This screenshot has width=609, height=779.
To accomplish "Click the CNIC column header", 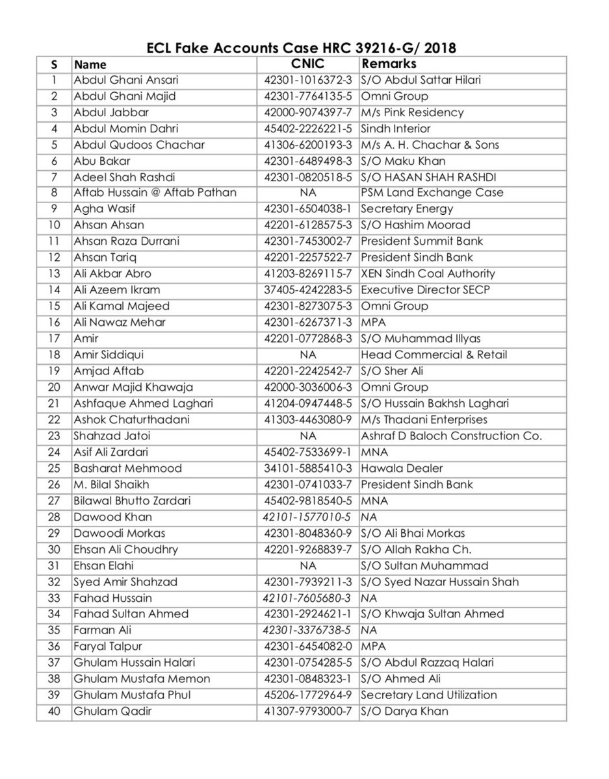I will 307,64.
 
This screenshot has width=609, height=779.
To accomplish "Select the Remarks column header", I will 389,64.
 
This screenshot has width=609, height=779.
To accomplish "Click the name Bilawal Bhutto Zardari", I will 127,501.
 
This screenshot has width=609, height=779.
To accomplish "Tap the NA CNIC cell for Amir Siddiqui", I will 307,354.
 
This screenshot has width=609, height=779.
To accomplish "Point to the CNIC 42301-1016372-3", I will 308,80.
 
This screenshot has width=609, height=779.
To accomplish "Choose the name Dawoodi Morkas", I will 110,533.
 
